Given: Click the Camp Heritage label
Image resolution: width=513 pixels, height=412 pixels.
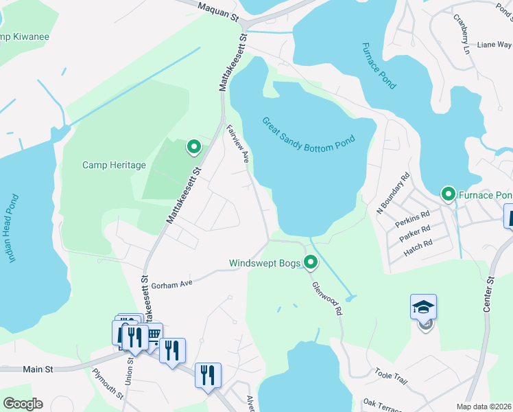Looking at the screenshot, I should click(x=114, y=165).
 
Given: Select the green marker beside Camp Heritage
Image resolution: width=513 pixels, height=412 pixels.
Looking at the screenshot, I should click(x=194, y=146).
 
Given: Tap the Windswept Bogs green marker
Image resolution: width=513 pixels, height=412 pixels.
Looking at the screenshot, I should click(x=311, y=262).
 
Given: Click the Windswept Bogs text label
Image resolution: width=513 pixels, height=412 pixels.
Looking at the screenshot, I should click(x=265, y=263).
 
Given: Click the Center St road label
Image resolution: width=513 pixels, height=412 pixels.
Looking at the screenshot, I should click(x=489, y=295).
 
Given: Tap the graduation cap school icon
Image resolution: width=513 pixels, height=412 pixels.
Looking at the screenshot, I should click(x=423, y=307).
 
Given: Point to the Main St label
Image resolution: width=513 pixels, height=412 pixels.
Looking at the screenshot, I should click(x=38, y=369).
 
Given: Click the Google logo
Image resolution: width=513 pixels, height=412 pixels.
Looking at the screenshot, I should click(x=23, y=403).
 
